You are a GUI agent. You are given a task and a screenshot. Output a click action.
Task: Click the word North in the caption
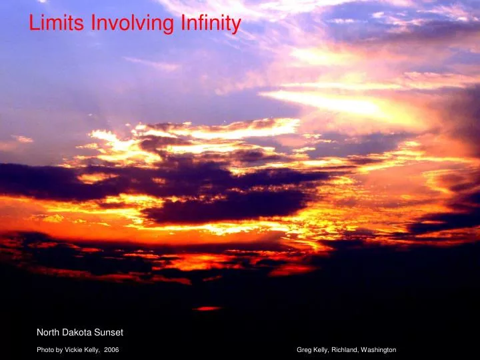[48, 332]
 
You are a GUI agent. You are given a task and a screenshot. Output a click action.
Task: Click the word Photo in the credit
[45, 350]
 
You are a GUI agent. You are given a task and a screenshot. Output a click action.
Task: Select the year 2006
[112, 350]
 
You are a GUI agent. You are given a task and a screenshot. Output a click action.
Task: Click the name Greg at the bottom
[303, 350]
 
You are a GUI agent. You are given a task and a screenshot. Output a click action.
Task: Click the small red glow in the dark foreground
[207, 309]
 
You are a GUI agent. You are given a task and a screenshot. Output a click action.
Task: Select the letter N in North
[39, 332]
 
